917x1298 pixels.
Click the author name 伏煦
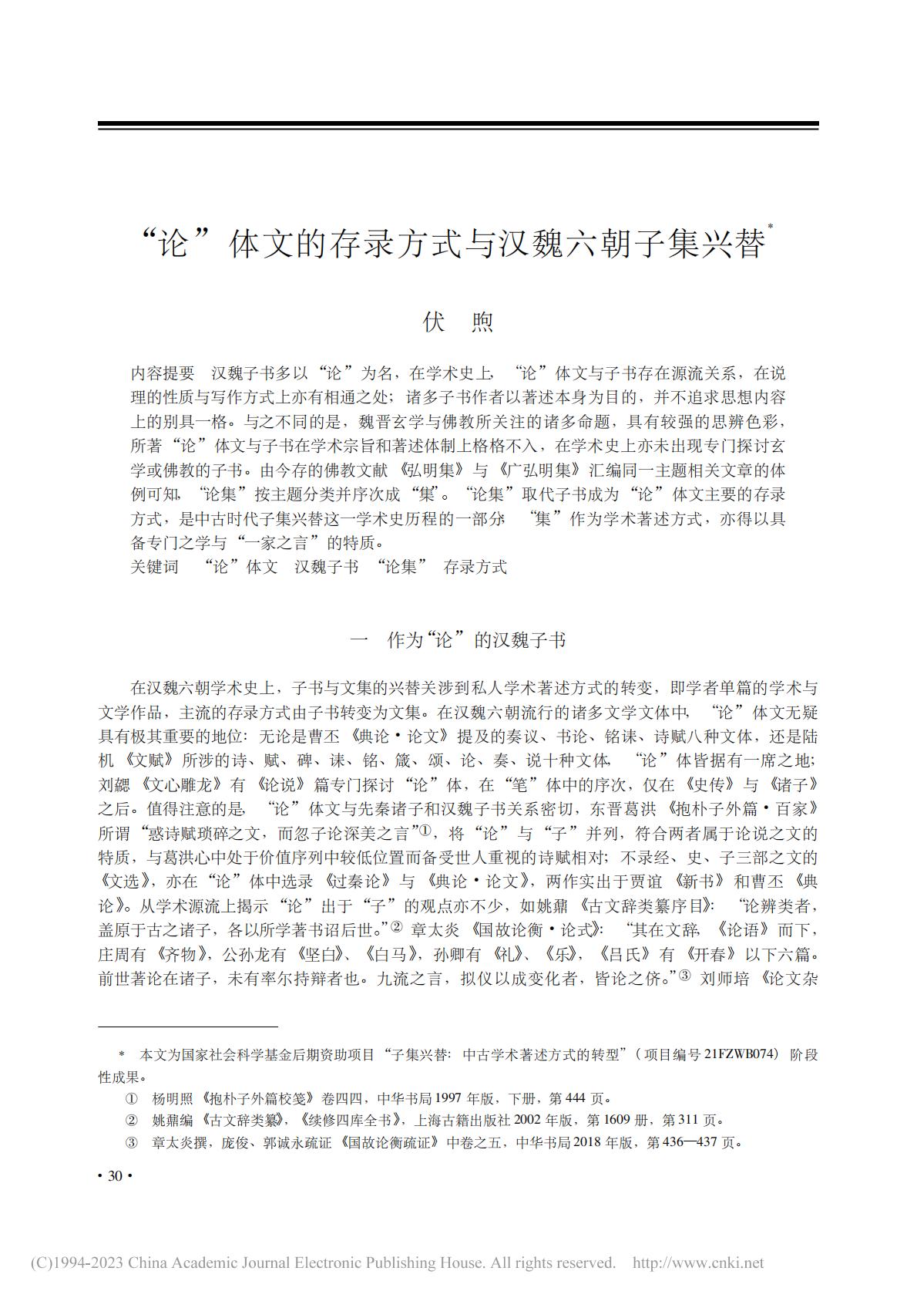tap(458, 322)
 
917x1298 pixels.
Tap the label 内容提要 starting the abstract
tap(162, 374)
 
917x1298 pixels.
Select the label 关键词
tap(154, 567)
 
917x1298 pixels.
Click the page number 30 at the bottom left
tap(116, 1175)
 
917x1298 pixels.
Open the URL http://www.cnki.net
tap(697, 1263)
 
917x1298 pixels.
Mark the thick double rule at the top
tap(458, 125)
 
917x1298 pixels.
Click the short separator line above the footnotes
tap(188, 1027)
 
